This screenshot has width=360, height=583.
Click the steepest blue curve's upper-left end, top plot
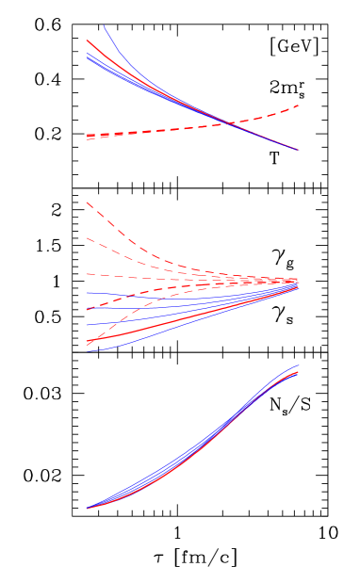104,26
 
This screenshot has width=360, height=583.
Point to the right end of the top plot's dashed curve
299,105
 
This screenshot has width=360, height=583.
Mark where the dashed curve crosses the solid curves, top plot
230,122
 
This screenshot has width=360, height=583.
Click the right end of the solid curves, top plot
299,150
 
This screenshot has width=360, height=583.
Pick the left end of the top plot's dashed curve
87,137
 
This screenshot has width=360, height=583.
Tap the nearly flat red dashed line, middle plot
141,276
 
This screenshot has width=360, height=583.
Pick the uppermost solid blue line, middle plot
141,293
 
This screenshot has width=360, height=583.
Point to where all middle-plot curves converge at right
298,282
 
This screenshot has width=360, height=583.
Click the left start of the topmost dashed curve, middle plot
87,202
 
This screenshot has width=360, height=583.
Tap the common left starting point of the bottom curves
87,509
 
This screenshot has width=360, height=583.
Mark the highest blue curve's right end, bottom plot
298,365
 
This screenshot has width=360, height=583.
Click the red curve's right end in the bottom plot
299,372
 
